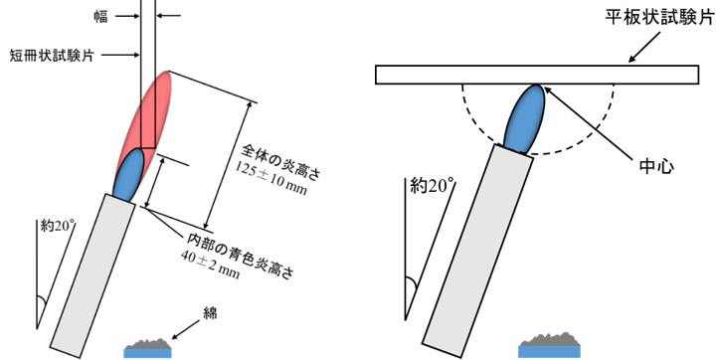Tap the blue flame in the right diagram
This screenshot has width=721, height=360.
click(x=525, y=118)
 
